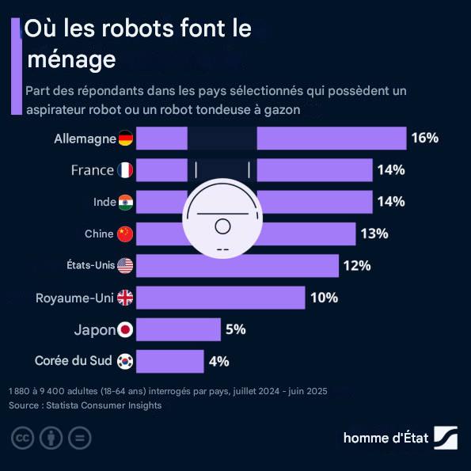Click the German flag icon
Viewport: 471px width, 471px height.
[x=125, y=139]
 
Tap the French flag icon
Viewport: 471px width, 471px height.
[x=125, y=170]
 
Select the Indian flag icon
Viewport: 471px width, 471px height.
[x=125, y=202]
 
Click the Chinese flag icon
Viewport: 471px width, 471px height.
[x=125, y=234]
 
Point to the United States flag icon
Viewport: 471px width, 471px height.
[x=125, y=266]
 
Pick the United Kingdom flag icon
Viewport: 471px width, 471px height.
[x=125, y=298]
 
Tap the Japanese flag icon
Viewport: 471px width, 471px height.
[x=125, y=329]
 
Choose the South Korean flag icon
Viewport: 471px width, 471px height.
[x=125, y=361]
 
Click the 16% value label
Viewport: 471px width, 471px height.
[x=424, y=139]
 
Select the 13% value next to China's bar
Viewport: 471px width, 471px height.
[x=374, y=234]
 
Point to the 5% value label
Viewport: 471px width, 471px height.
[x=235, y=329]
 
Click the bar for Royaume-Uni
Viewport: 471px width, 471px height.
[x=221, y=298]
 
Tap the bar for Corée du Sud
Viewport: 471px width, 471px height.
[x=170, y=361]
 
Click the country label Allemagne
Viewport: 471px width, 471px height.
[x=85, y=139]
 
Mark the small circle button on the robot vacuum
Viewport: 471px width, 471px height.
[x=222, y=227]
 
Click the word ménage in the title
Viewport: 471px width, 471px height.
[x=71, y=59]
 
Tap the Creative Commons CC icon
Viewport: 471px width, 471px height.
[x=22, y=438]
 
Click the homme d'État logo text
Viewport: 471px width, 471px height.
[x=387, y=438]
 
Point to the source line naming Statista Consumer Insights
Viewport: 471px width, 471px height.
[x=85, y=405]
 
